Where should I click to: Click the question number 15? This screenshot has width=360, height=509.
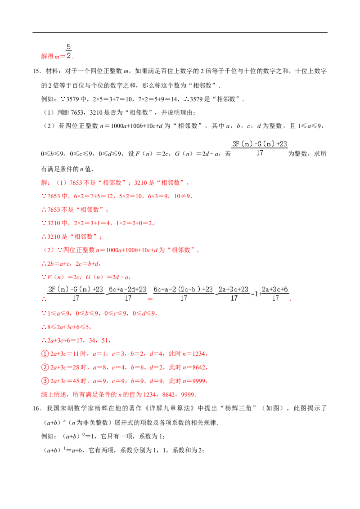[36, 71]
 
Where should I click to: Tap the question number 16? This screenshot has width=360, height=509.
[36, 408]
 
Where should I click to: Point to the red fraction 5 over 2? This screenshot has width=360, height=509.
[68, 51]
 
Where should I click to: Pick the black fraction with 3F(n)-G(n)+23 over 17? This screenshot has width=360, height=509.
[260, 148]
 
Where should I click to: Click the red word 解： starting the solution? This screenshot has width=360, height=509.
[46, 183]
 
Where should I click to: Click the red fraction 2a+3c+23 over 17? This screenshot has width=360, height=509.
[234, 294]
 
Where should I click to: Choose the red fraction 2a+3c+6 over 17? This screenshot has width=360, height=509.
[275, 294]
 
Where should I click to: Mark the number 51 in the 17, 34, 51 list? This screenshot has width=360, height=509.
[105, 340]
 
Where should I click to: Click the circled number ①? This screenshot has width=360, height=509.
[45, 354]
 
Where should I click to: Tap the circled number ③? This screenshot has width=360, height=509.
[45, 381]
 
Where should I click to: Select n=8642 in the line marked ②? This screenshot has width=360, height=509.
[194, 367]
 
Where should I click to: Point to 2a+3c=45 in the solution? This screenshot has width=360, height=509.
[65, 381]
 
